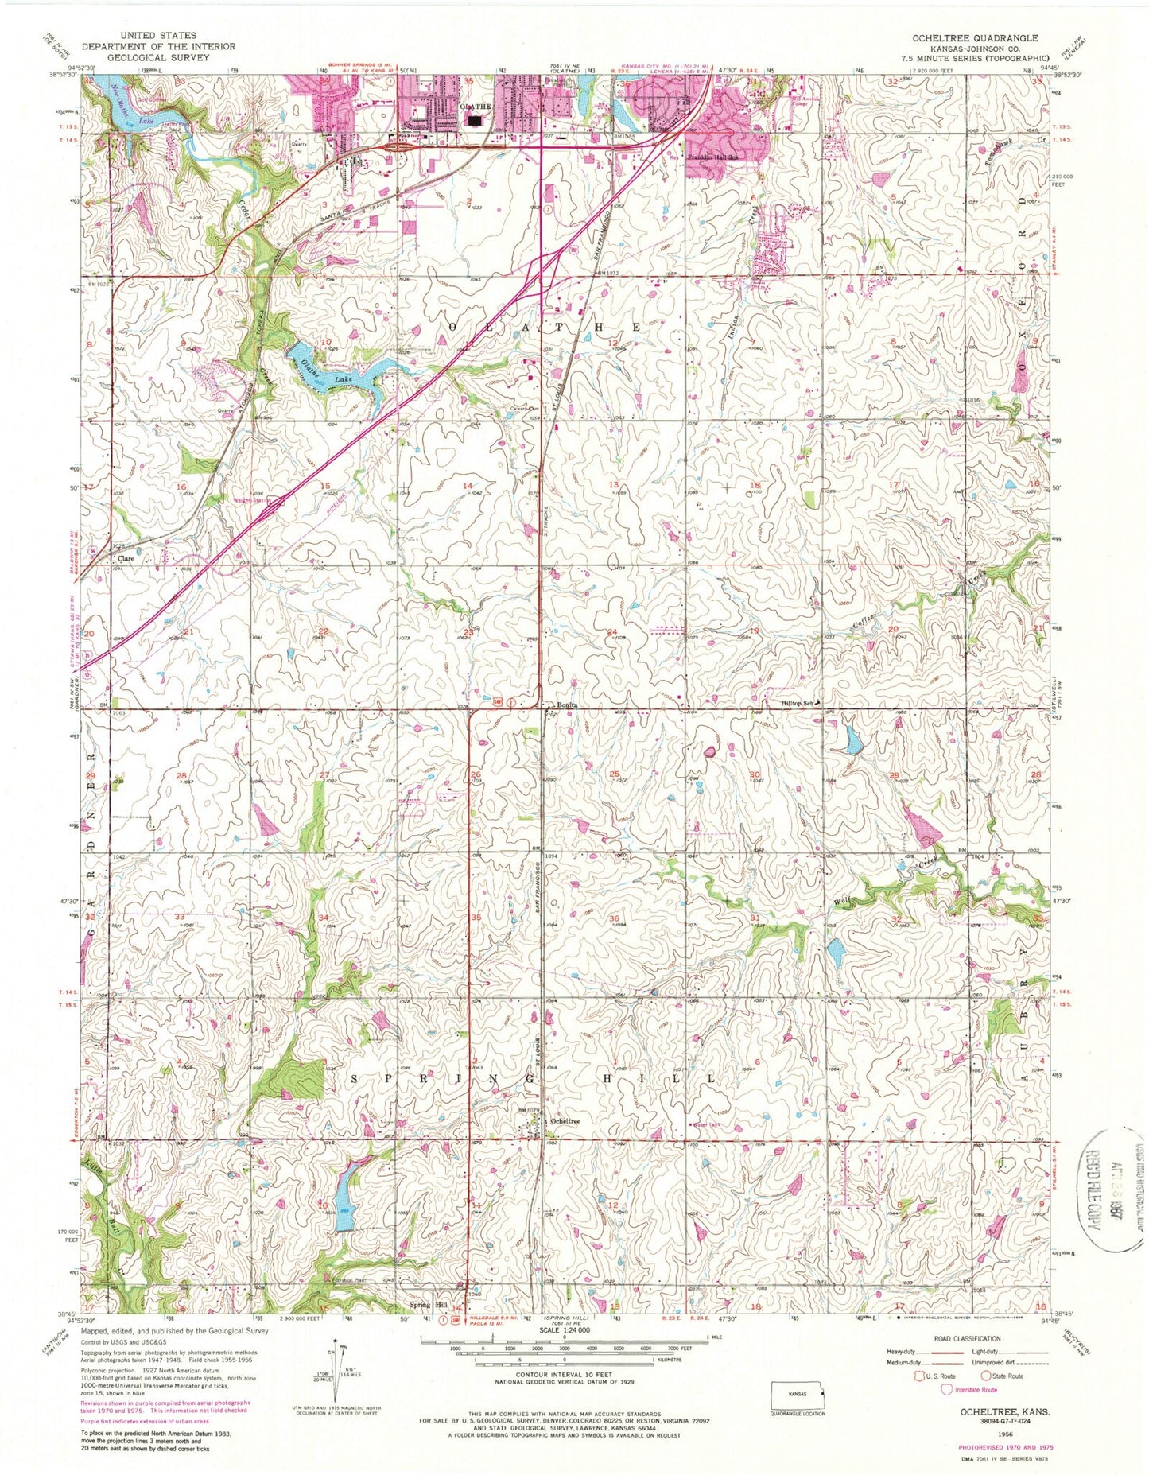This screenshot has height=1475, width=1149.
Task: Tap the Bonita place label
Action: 564,705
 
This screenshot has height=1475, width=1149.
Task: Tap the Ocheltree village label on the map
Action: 564,1121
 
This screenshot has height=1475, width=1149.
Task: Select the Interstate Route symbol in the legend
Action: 946,1389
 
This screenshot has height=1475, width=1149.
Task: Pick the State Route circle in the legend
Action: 986,1376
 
